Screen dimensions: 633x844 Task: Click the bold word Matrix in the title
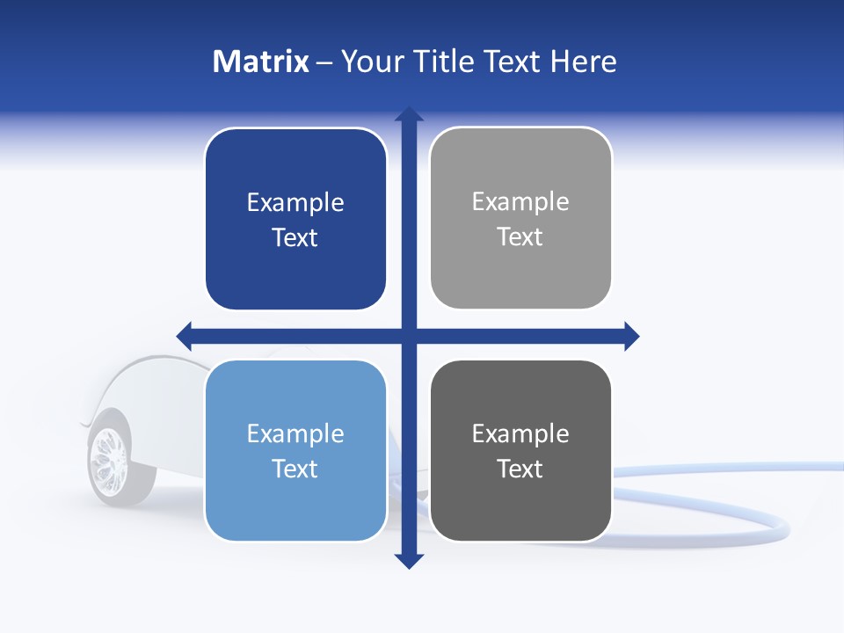click(261, 62)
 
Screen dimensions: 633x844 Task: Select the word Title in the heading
click(446, 62)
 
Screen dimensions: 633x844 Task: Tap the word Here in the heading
click(583, 62)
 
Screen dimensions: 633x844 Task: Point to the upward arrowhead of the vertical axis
click(409, 114)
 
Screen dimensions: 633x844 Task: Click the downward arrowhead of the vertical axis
click(409, 561)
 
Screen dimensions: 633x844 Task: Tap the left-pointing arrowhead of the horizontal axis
click(185, 336)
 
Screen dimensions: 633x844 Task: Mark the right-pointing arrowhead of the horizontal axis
click(631, 336)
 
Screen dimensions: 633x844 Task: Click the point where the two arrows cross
click(409, 336)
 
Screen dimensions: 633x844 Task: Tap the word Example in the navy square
click(295, 203)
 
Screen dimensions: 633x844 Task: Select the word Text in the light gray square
click(520, 237)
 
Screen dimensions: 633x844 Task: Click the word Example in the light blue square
click(295, 433)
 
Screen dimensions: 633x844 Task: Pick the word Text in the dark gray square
click(520, 469)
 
